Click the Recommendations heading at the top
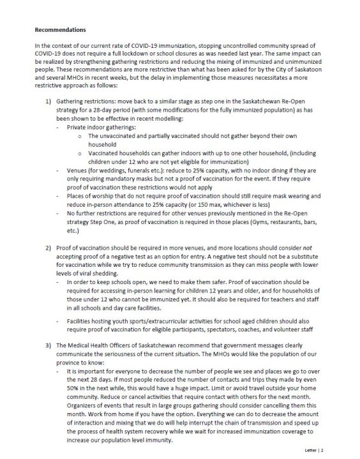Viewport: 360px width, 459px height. [x=60, y=30]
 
